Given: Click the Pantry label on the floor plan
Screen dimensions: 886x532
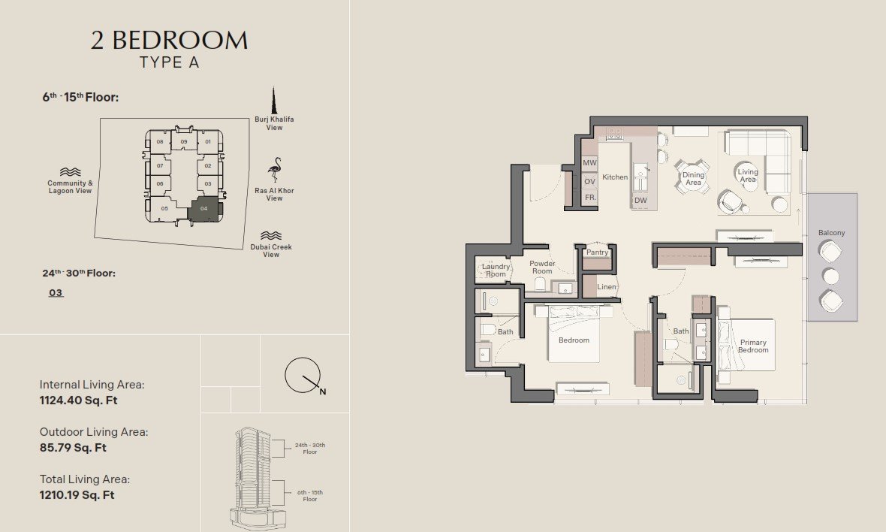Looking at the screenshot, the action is click(x=597, y=252).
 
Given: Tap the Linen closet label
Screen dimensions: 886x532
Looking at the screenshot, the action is click(x=607, y=286).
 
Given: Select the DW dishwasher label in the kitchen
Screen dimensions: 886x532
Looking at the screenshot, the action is click(x=640, y=200).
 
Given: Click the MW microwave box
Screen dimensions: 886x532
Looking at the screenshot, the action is click(x=590, y=163).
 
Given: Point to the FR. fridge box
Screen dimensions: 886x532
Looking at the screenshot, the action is click(x=590, y=198).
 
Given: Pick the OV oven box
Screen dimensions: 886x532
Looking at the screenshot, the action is click(x=590, y=181).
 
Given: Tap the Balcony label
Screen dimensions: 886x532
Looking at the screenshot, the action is click(x=832, y=233).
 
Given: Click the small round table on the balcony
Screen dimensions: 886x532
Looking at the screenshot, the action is click(x=830, y=277).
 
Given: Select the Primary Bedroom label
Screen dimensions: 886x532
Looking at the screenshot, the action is click(x=753, y=346).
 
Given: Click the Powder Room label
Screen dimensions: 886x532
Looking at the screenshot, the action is click(x=542, y=268).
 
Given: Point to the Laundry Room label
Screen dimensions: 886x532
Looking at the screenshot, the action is click(x=496, y=271).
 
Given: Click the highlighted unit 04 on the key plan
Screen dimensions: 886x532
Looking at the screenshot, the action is click(x=204, y=209).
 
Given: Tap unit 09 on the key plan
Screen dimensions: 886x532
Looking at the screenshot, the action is click(x=184, y=142).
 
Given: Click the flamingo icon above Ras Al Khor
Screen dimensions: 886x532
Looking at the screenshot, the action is click(x=275, y=170).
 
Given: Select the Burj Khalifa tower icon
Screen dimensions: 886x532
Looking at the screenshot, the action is click(x=274, y=101).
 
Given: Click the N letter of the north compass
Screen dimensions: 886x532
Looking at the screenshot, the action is click(x=323, y=391).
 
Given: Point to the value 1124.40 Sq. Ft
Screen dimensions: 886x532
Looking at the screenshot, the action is click(x=79, y=401).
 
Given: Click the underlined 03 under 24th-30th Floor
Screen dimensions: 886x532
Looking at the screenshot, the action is click(x=56, y=293).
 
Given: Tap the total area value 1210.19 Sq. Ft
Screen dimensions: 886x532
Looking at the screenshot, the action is click(x=77, y=495).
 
